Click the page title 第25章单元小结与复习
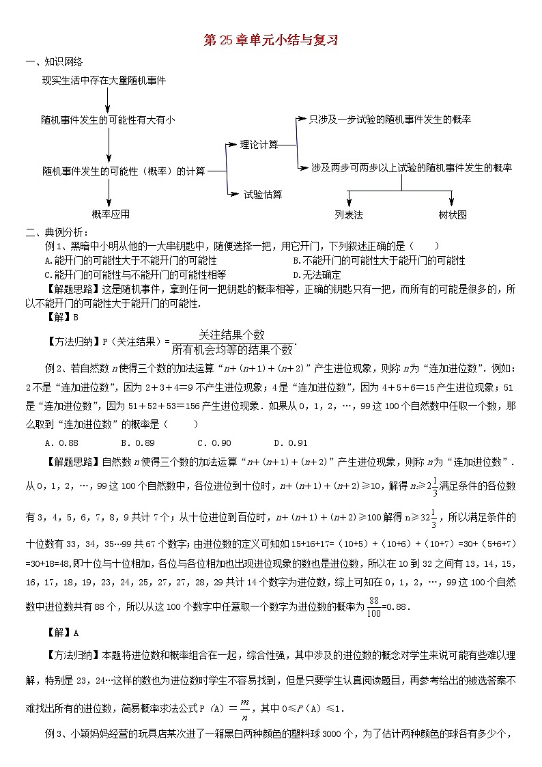pyautogui.click(x=271, y=40)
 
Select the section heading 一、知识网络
pyautogui.click(x=48, y=63)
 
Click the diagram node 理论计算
pyautogui.click(x=259, y=144)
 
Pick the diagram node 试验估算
pyautogui.click(x=263, y=194)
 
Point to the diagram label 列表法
pyautogui.click(x=349, y=214)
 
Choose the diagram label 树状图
pyautogui.click(x=453, y=214)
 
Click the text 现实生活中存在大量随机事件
pyautogui.click(x=104, y=80)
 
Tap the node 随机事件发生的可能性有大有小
pyautogui.click(x=108, y=120)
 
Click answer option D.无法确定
pyautogui.click(x=316, y=275)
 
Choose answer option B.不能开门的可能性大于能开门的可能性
pyautogui.click(x=378, y=260)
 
